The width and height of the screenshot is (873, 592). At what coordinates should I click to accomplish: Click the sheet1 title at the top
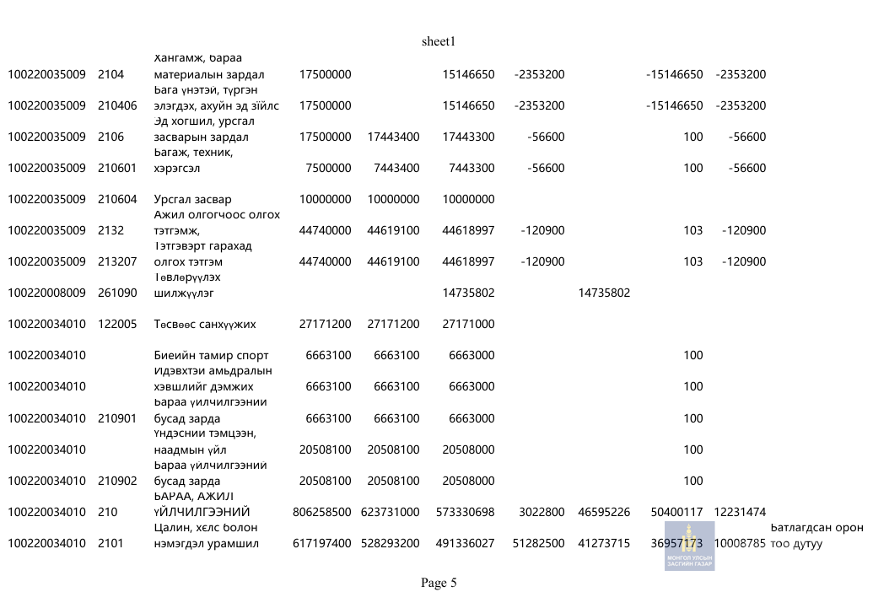point(439,41)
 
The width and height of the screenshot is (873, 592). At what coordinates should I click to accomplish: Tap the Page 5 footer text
point(439,583)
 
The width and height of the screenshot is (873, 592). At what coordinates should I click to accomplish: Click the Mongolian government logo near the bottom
point(689,546)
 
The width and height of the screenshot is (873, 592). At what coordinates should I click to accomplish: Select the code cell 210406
point(117,105)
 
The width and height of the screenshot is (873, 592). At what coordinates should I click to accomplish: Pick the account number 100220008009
point(47,293)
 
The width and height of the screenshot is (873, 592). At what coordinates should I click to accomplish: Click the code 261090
point(117,293)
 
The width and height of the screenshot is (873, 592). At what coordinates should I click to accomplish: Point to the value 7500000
point(328,168)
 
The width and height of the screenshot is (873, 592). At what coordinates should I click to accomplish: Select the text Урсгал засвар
point(192,199)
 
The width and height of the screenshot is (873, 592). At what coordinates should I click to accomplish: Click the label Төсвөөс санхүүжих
point(205,324)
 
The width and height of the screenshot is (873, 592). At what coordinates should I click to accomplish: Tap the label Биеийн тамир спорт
point(211,355)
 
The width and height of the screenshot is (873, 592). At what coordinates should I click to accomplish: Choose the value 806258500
point(322,512)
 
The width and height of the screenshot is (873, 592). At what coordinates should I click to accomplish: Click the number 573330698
point(466,512)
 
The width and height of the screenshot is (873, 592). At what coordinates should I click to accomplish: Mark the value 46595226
point(604,512)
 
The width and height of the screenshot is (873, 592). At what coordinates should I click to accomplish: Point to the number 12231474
point(740,512)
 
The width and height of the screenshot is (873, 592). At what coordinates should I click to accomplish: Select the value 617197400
point(322,543)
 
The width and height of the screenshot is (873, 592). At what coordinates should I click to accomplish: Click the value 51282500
point(539,543)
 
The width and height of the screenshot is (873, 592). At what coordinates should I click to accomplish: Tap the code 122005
point(117,324)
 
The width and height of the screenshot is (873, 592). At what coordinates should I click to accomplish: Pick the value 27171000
point(468,324)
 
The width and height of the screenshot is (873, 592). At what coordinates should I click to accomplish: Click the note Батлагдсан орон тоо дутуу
point(816,535)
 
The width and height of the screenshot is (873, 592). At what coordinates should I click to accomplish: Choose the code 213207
point(117,261)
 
